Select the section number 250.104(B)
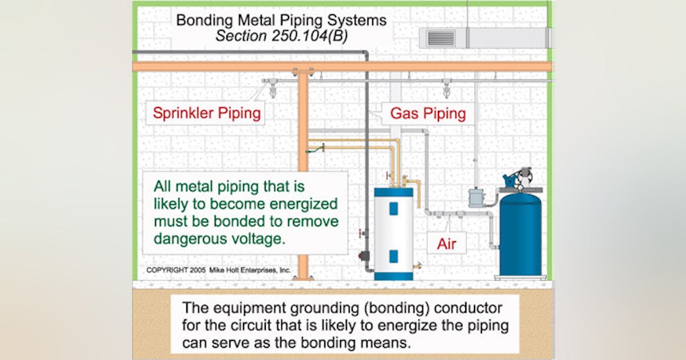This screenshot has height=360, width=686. (308, 35)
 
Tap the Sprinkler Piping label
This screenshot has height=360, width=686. (207, 113)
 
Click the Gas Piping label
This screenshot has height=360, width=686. (428, 113)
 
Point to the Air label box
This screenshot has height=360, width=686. (446, 243)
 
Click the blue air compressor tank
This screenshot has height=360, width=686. (520, 234)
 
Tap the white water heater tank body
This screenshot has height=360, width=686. (393, 234)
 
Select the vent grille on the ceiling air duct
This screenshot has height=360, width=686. (441, 38)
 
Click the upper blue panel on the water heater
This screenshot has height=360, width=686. (393, 209)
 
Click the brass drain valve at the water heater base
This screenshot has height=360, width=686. (420, 265)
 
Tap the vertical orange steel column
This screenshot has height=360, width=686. (303, 171)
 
